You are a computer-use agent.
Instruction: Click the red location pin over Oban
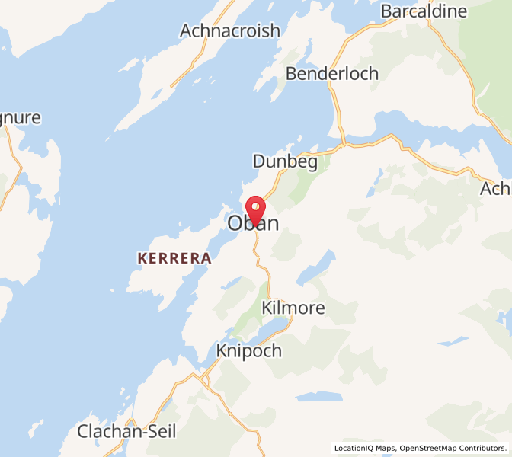[255, 208]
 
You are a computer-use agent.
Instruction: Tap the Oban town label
[253, 224]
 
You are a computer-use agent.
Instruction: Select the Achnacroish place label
[230, 31]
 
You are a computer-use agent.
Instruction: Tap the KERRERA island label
[174, 258]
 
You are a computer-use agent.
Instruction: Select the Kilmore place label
[293, 308]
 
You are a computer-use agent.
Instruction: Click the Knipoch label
[248, 351]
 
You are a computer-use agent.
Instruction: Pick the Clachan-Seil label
[126, 432]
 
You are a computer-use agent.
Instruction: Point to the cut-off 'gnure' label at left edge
[21, 119]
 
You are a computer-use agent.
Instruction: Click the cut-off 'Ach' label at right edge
[496, 190]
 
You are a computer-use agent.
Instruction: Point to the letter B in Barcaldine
[387, 11]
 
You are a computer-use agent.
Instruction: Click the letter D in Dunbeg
[260, 161]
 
